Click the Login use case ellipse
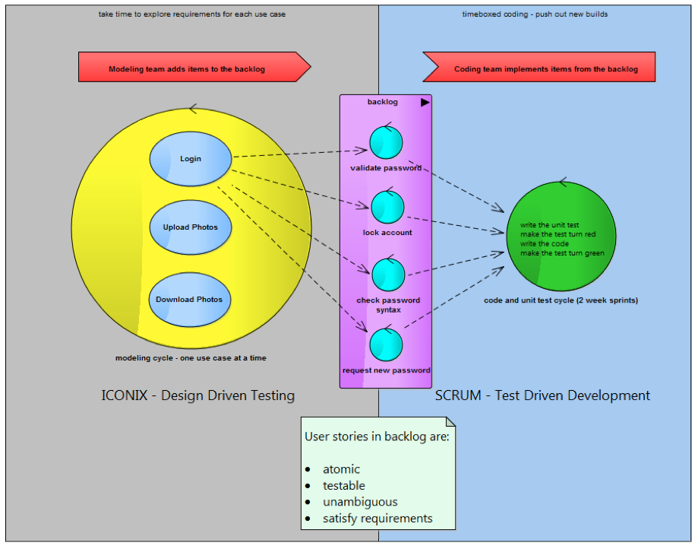point(191,159)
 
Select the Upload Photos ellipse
point(190,227)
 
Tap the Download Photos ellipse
point(189,300)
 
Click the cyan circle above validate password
point(386,142)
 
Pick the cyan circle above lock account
point(387,208)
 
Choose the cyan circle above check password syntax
point(387,275)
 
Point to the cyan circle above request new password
point(386,344)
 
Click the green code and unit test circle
point(561,235)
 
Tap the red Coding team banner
point(539,67)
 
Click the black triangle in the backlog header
point(425,102)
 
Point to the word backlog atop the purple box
point(382,102)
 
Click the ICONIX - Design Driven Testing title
point(197,395)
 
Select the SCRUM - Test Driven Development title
point(542,395)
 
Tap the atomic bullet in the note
point(341,469)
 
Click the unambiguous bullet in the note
point(360,502)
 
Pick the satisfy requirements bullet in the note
point(377,519)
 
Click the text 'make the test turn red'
point(558,234)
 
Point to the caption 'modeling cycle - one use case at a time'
point(191,357)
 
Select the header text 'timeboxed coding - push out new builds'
point(535,14)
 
